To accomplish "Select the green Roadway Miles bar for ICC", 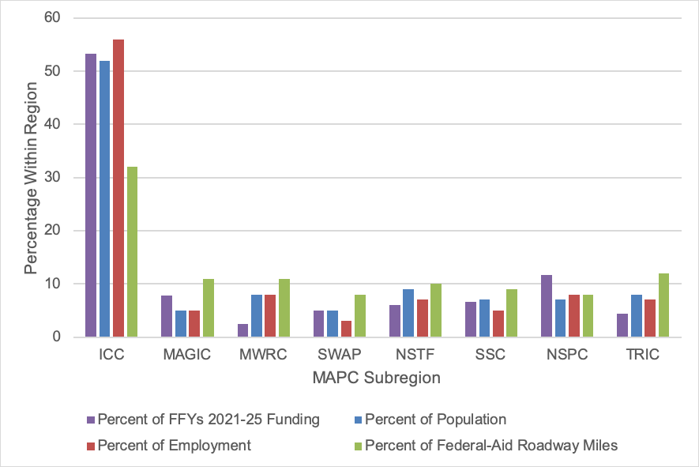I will click(132, 252).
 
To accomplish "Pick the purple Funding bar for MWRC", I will click(243, 330).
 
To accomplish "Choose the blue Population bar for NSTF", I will click(407, 313).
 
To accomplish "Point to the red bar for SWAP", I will click(346, 329).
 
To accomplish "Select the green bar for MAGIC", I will click(209, 308).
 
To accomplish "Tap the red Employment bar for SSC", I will click(498, 324).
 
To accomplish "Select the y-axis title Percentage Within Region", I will click(30, 177).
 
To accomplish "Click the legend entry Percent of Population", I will click(435, 420).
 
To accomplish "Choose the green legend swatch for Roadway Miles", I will click(356, 446).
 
